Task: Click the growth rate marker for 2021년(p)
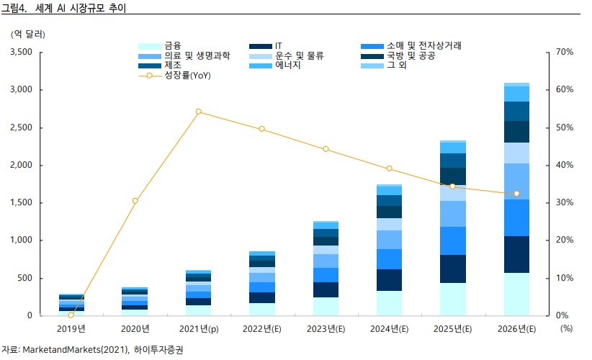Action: (x=198, y=112)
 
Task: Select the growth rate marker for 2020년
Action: (x=135, y=200)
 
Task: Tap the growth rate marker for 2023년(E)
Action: (x=326, y=149)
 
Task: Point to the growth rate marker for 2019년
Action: (x=71, y=315)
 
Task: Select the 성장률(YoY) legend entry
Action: (x=187, y=75)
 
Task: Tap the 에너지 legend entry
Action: (x=288, y=66)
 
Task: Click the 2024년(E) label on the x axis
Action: (x=389, y=329)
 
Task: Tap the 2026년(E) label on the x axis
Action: (x=516, y=329)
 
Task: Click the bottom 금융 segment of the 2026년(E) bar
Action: (x=516, y=294)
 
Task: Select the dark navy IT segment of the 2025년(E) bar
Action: (x=453, y=269)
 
